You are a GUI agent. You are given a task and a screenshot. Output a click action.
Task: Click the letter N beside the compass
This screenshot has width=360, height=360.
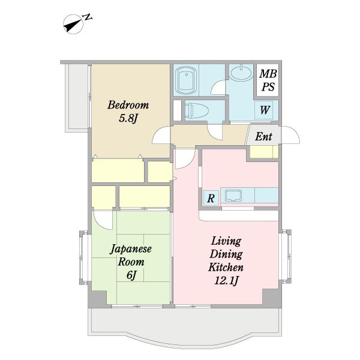pyautogui.click(x=88, y=17)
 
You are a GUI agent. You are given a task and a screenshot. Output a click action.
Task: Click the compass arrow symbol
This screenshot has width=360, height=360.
pyautogui.click(x=73, y=25)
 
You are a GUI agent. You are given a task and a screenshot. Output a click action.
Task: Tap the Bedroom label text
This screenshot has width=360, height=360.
pyautogui.click(x=128, y=105)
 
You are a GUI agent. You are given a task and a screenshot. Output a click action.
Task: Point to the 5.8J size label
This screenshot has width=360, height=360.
pyautogui.click(x=128, y=118)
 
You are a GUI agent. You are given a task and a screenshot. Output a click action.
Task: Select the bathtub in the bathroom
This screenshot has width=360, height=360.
pyautogui.click(x=185, y=80)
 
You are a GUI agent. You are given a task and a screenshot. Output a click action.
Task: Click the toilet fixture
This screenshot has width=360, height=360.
pyautogui.click(x=197, y=110)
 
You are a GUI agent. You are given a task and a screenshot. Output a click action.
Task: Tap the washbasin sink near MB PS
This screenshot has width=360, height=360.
pyautogui.click(x=241, y=73)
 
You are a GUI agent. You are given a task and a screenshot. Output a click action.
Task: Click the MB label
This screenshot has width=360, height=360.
pyautogui.click(x=268, y=73)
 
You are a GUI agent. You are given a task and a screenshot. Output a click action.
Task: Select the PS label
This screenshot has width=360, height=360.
pyautogui.click(x=268, y=87)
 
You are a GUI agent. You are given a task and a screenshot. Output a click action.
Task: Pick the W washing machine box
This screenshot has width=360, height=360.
pyautogui.click(x=264, y=110)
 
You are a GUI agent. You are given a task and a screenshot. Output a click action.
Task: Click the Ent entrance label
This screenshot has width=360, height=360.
pyautogui.click(x=263, y=136)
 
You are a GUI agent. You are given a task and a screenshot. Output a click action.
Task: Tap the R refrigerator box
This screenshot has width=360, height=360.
pyautogui.click(x=211, y=198)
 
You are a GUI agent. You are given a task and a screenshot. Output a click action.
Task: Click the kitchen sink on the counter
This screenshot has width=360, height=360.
pyautogui.click(x=233, y=195)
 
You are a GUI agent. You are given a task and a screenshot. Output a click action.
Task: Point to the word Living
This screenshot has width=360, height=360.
pyautogui.click(x=226, y=241)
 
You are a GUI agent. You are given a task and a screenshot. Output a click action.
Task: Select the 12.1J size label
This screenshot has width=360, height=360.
pyautogui.click(x=226, y=280)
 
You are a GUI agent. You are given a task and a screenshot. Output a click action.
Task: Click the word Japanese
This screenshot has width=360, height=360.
pyautogui.click(x=131, y=250)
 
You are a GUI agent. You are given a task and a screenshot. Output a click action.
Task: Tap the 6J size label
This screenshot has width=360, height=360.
pyautogui.click(x=131, y=275)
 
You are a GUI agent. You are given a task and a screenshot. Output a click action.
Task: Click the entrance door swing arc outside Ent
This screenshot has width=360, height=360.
pyautogui.click(x=291, y=135)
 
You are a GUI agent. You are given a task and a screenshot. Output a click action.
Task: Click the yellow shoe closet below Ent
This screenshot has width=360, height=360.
pyautogui.click(x=264, y=152)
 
